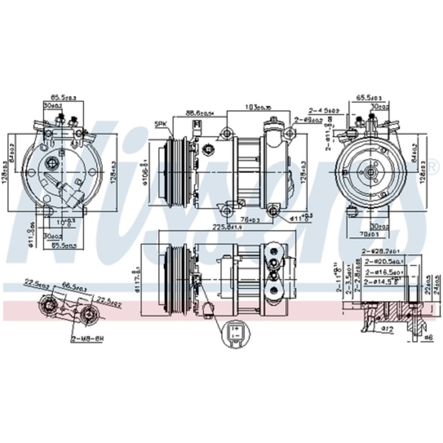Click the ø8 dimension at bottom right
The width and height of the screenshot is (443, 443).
pyautogui.click(x=427, y=338)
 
